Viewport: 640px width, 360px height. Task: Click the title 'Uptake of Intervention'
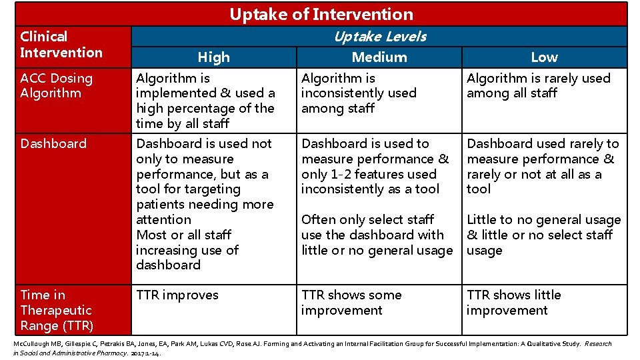[x=321, y=14]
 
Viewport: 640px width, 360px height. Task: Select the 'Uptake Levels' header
[x=379, y=37]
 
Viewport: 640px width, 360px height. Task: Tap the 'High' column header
[x=213, y=57]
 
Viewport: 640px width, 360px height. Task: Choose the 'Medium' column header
[x=379, y=57]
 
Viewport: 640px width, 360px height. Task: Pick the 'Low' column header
[x=544, y=57]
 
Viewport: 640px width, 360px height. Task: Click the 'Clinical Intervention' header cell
[x=61, y=45]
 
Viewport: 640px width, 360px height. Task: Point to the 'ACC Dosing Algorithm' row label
[x=57, y=85]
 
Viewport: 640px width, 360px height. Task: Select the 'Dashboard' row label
[x=53, y=143]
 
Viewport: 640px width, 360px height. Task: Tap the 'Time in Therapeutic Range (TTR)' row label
[x=57, y=310]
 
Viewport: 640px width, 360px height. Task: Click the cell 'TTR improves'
[x=177, y=295]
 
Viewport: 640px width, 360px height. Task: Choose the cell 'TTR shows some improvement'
[x=351, y=303]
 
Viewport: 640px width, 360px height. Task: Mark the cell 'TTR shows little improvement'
[x=513, y=303]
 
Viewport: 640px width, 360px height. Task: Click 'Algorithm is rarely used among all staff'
[x=538, y=85]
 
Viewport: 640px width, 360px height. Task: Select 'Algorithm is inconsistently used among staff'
[x=359, y=93]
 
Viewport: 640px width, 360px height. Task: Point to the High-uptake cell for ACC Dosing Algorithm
[x=205, y=101]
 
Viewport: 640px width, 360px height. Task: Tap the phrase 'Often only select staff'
[x=367, y=219]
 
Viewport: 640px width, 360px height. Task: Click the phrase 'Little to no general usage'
[x=543, y=219]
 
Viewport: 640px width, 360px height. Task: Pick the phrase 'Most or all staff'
[x=183, y=235]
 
